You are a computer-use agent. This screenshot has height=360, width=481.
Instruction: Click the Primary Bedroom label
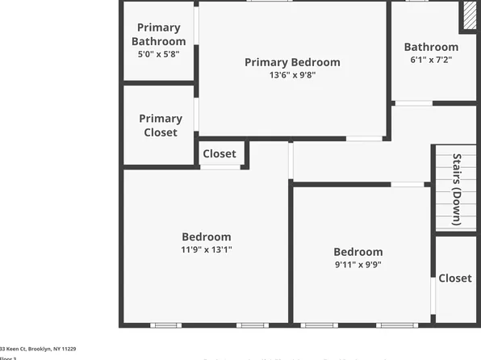(x=292, y=62)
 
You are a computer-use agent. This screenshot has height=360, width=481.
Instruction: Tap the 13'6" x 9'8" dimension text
(x=292, y=76)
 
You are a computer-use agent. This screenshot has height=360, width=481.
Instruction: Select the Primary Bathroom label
(x=159, y=35)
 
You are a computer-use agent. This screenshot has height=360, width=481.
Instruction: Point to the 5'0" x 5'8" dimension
(x=159, y=54)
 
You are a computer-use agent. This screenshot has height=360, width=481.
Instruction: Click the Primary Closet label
(x=161, y=125)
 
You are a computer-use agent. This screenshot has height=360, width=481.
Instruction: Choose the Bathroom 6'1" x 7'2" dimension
(x=432, y=60)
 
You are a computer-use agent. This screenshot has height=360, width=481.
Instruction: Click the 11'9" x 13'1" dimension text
(x=206, y=250)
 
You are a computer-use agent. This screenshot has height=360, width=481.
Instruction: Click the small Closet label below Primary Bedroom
(x=220, y=153)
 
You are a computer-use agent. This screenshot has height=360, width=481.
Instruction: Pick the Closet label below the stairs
(x=455, y=278)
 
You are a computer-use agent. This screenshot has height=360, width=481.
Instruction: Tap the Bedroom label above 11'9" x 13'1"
(x=206, y=237)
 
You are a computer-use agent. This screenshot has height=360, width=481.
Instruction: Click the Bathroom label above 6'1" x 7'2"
(x=432, y=47)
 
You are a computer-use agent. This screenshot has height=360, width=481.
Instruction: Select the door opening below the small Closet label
(x=220, y=167)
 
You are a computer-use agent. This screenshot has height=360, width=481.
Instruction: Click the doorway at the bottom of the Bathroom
(x=413, y=103)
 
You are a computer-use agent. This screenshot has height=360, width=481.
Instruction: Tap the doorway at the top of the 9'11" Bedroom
(x=408, y=185)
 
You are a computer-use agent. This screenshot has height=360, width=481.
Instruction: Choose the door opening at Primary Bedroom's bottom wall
(x=365, y=138)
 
